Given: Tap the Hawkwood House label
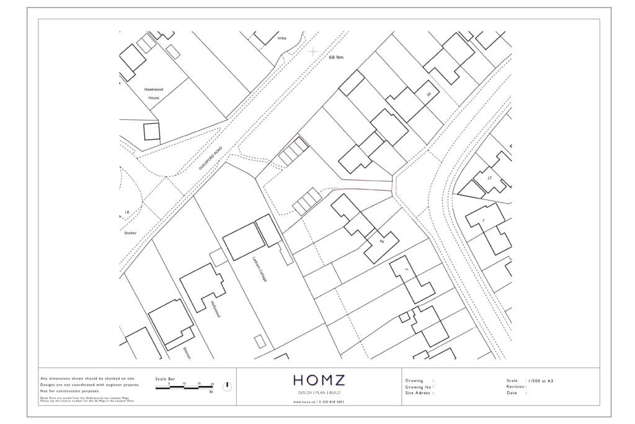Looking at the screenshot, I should pyautogui.click(x=153, y=93).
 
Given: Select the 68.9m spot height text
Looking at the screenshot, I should pyautogui.click(x=335, y=58).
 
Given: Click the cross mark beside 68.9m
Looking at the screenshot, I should pyautogui.click(x=314, y=51).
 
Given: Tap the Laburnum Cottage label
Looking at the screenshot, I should pyautogui.click(x=259, y=269).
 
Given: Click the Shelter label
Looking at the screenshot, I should pyautogui.click(x=129, y=233).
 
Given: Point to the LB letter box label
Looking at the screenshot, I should pyautogui.click(x=127, y=212).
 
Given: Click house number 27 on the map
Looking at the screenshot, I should pyautogui.click(x=489, y=178).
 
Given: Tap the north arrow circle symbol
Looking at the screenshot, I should pyautogui.click(x=228, y=386).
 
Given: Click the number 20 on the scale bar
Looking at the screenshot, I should pyautogui.click(x=212, y=384).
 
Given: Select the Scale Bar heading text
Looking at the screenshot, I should pyautogui.click(x=166, y=379).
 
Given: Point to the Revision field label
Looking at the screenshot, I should pyautogui.click(x=517, y=386).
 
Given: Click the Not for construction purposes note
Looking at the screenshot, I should pyautogui.click(x=69, y=391).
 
